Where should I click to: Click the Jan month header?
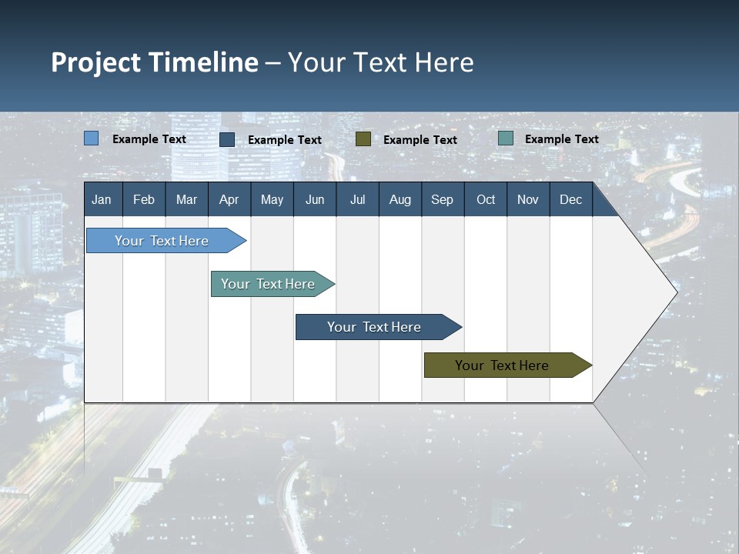(x=102, y=199)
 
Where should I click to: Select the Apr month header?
(x=229, y=199)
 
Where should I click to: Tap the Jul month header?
(x=357, y=199)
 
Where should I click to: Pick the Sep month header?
(x=442, y=199)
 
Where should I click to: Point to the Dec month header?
(x=570, y=199)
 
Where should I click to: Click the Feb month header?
(x=144, y=199)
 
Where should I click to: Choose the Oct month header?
(x=486, y=199)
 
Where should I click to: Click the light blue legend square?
(x=92, y=138)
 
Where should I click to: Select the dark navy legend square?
(x=227, y=139)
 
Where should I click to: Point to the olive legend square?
(x=363, y=139)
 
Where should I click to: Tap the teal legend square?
(x=506, y=138)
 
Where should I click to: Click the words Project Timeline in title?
(x=155, y=62)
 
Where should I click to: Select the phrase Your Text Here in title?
(x=381, y=62)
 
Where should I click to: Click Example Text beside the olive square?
(x=420, y=140)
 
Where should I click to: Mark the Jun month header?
(x=315, y=199)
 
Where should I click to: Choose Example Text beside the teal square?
(x=561, y=139)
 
